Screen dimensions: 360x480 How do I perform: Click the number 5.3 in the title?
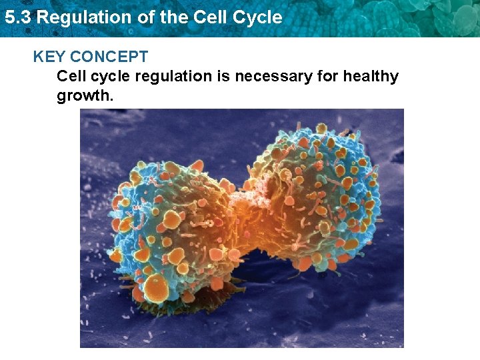click(17, 17)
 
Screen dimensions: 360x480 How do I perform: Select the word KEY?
click(49, 57)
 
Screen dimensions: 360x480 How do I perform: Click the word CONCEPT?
click(108, 57)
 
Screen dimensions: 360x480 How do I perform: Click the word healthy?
click(371, 77)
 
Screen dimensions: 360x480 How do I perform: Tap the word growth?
click(85, 95)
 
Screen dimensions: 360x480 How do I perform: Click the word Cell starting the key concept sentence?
click(71, 77)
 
